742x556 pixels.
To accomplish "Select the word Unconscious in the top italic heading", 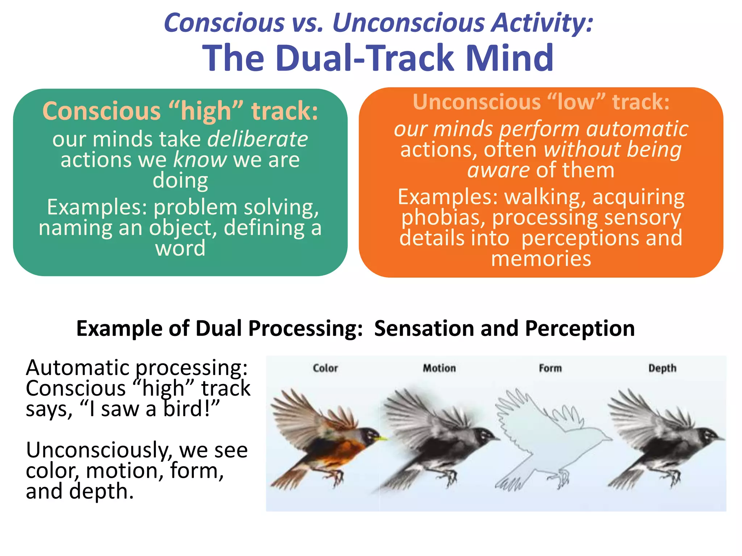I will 408,23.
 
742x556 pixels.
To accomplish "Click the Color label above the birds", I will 325,368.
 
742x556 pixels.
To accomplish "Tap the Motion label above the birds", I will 439,368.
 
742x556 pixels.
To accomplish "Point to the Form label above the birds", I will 550,368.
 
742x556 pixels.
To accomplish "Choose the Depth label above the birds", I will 662,368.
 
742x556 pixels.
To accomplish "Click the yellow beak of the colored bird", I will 383,439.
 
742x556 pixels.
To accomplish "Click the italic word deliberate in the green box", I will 258,139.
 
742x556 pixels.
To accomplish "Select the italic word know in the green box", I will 200,160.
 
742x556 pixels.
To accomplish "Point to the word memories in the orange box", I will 541,259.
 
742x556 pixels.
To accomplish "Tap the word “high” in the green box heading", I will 206,111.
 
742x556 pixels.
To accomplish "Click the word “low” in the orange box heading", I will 576,102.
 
